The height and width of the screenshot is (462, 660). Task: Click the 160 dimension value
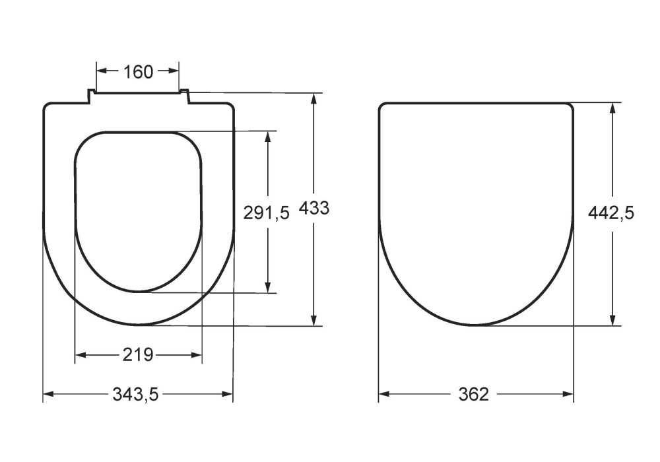click(138, 72)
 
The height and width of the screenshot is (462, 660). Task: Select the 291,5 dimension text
click(267, 213)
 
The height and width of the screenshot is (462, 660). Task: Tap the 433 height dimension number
click(314, 208)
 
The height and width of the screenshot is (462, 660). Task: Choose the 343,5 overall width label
click(135, 394)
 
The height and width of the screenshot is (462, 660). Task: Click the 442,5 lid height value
click(610, 213)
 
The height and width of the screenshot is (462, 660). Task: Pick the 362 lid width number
click(473, 394)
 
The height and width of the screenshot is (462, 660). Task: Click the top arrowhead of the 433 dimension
click(314, 98)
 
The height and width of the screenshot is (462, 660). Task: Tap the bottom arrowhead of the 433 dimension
click(314, 320)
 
